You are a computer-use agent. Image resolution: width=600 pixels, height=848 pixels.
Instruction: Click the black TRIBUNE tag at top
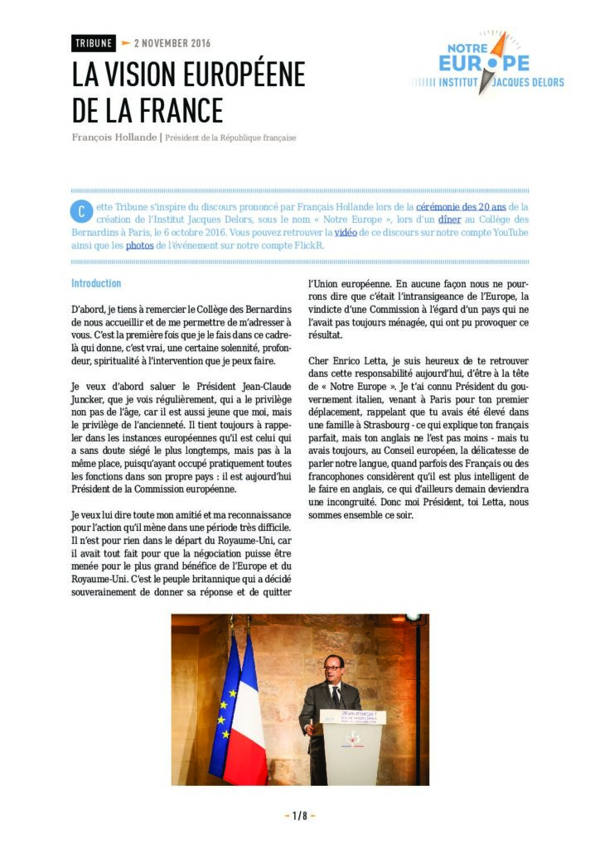[x=94, y=43]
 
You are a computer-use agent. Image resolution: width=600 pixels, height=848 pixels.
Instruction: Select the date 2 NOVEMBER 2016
[x=172, y=43]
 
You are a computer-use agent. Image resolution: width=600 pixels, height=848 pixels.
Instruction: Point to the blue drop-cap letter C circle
[x=80, y=210]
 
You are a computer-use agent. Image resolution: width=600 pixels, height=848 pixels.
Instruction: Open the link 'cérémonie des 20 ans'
[x=461, y=206]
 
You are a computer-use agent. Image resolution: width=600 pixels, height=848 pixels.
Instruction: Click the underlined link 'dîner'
[x=450, y=219]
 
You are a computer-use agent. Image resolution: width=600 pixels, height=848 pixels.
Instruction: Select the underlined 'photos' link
[x=139, y=246]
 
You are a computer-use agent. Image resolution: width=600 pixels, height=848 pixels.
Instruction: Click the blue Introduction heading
[x=96, y=283]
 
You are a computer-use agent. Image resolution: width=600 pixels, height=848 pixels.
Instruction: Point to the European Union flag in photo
[x=225, y=704]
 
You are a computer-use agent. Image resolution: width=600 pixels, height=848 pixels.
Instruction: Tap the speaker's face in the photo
[x=333, y=666]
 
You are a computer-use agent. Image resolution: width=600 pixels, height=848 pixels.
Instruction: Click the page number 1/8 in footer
[x=300, y=816]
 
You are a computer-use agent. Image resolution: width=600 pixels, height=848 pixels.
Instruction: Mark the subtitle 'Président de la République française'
[x=230, y=137]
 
